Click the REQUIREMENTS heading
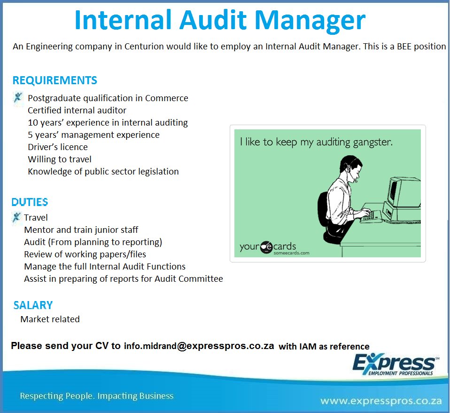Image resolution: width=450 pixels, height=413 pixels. pos(55,80)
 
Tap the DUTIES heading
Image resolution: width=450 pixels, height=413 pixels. pos(30,202)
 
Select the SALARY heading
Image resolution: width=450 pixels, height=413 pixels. pos(33,305)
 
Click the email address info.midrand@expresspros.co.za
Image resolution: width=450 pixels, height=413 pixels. pos(199,346)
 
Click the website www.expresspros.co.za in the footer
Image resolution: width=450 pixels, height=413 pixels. pos(381,401)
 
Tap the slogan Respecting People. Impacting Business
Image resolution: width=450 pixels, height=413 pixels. pos(97,396)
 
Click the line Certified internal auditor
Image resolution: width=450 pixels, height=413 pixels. pos(77,111)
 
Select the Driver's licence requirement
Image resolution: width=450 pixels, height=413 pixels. pos(58,147)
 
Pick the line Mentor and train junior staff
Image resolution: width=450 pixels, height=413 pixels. pos(81,230)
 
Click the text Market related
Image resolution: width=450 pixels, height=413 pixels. pos(50,319)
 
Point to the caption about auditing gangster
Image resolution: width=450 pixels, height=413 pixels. pos(316,142)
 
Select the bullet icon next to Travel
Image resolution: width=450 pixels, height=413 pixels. pos(17,217)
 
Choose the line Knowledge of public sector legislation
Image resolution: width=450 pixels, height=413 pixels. pos(103,172)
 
